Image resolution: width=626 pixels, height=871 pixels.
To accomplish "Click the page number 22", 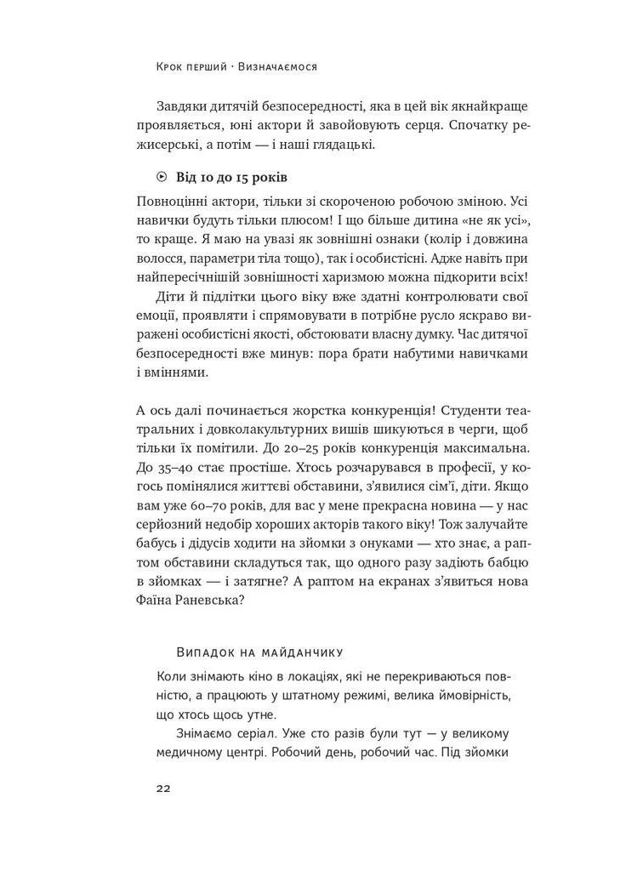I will (x=163, y=788).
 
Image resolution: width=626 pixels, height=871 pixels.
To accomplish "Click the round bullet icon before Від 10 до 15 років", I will (x=162, y=178).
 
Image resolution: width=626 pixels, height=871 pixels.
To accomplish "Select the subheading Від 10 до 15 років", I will (x=231, y=178).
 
